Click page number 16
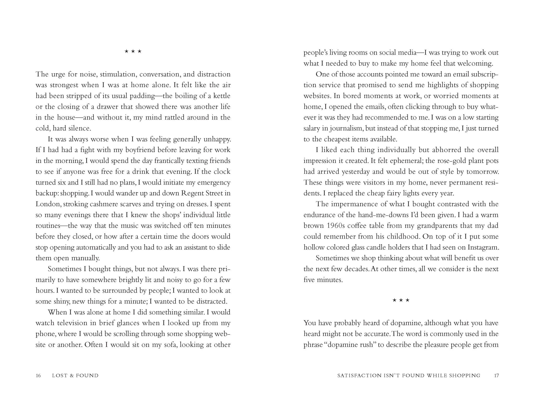38,376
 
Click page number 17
496,376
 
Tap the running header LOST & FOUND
75,376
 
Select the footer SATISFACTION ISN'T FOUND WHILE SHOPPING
409,376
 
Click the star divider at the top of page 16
133,51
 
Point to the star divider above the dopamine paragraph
401,300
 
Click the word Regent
192,193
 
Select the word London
48,204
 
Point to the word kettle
222,96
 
